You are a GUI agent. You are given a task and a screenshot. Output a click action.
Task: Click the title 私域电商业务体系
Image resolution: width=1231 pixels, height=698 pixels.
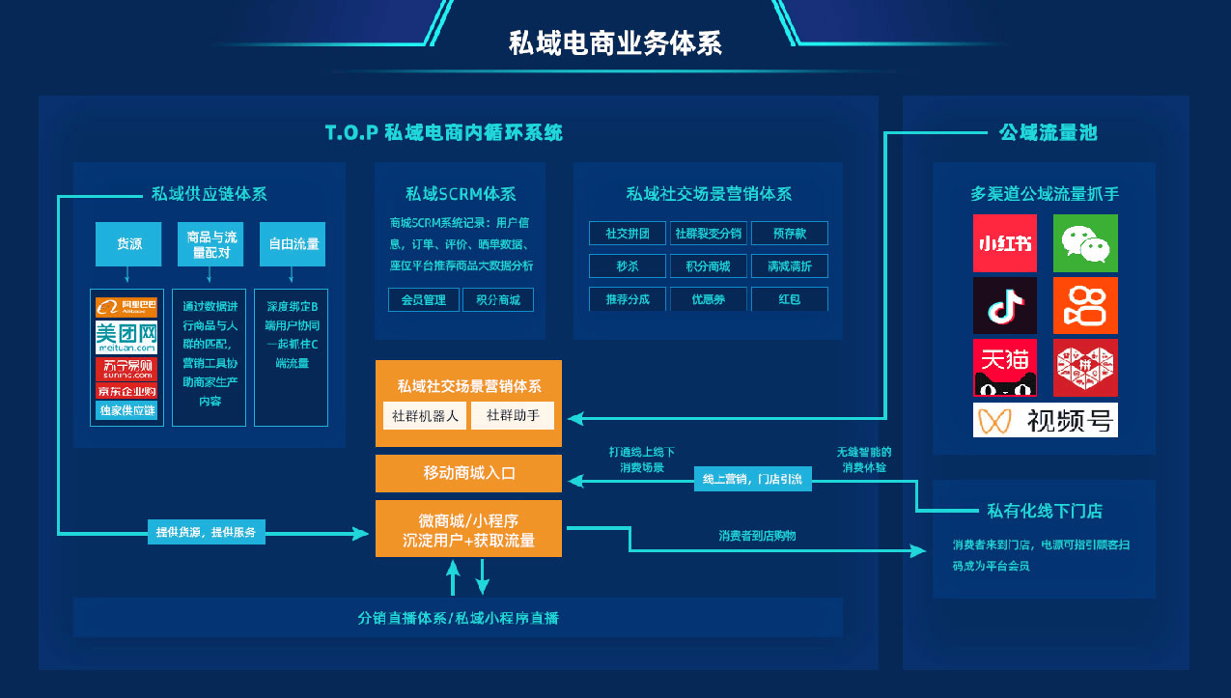click(x=615, y=43)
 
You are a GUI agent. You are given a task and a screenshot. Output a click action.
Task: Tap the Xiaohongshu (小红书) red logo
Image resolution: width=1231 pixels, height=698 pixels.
click(x=1004, y=243)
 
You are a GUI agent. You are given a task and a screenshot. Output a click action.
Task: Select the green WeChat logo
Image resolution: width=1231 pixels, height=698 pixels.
click(x=1085, y=243)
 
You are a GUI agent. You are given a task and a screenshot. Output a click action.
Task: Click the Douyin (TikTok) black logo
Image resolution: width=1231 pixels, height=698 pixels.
click(x=1004, y=305)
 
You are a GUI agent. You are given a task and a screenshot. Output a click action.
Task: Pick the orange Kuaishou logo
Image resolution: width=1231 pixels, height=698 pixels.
click(x=1085, y=305)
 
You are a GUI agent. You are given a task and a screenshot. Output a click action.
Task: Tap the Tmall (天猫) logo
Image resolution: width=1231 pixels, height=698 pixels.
click(x=1004, y=368)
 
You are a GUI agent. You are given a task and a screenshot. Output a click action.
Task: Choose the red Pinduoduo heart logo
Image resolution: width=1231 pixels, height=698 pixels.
click(x=1085, y=368)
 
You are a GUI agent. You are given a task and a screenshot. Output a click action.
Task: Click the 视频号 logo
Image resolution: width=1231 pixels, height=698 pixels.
click(x=1046, y=420)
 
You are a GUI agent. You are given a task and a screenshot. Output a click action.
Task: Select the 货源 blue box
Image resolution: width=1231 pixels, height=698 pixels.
click(x=128, y=244)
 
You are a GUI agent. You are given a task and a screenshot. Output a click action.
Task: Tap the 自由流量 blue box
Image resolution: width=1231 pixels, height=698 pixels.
click(x=293, y=244)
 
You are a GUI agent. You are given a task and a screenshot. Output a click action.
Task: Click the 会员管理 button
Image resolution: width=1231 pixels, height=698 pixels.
click(x=423, y=300)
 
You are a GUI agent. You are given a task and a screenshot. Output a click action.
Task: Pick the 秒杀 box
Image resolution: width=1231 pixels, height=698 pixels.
click(x=628, y=266)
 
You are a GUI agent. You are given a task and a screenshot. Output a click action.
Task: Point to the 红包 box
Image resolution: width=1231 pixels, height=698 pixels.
click(x=789, y=299)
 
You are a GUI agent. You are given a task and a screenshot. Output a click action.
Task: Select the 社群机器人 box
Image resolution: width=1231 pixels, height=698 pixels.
click(x=425, y=416)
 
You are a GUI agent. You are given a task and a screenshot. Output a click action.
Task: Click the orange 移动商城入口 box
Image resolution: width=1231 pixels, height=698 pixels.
click(x=468, y=473)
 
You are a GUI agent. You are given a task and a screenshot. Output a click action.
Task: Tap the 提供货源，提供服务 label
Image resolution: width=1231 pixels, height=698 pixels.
click(x=207, y=532)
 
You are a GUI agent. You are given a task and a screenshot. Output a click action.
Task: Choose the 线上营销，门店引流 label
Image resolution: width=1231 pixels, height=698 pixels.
click(x=752, y=479)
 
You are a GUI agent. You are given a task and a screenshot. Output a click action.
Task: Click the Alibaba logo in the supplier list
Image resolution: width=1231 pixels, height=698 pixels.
click(x=126, y=307)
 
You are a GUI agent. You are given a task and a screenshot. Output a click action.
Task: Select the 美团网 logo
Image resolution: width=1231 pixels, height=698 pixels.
click(x=126, y=338)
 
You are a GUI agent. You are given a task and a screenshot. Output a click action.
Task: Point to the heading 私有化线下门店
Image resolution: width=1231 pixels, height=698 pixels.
click(x=1044, y=511)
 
